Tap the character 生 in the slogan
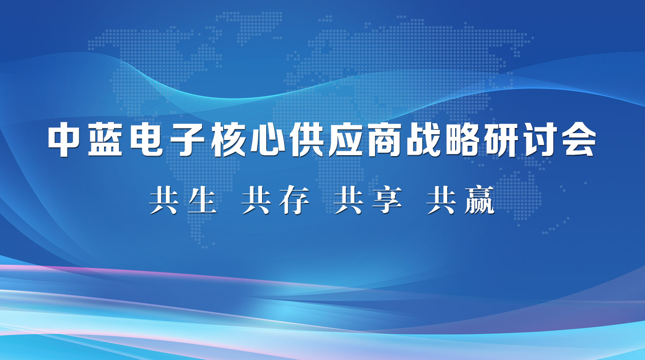[202, 200]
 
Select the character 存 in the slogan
[294, 200]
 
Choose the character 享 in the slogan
[387, 200]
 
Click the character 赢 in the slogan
[480, 200]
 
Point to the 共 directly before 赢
[442, 200]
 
